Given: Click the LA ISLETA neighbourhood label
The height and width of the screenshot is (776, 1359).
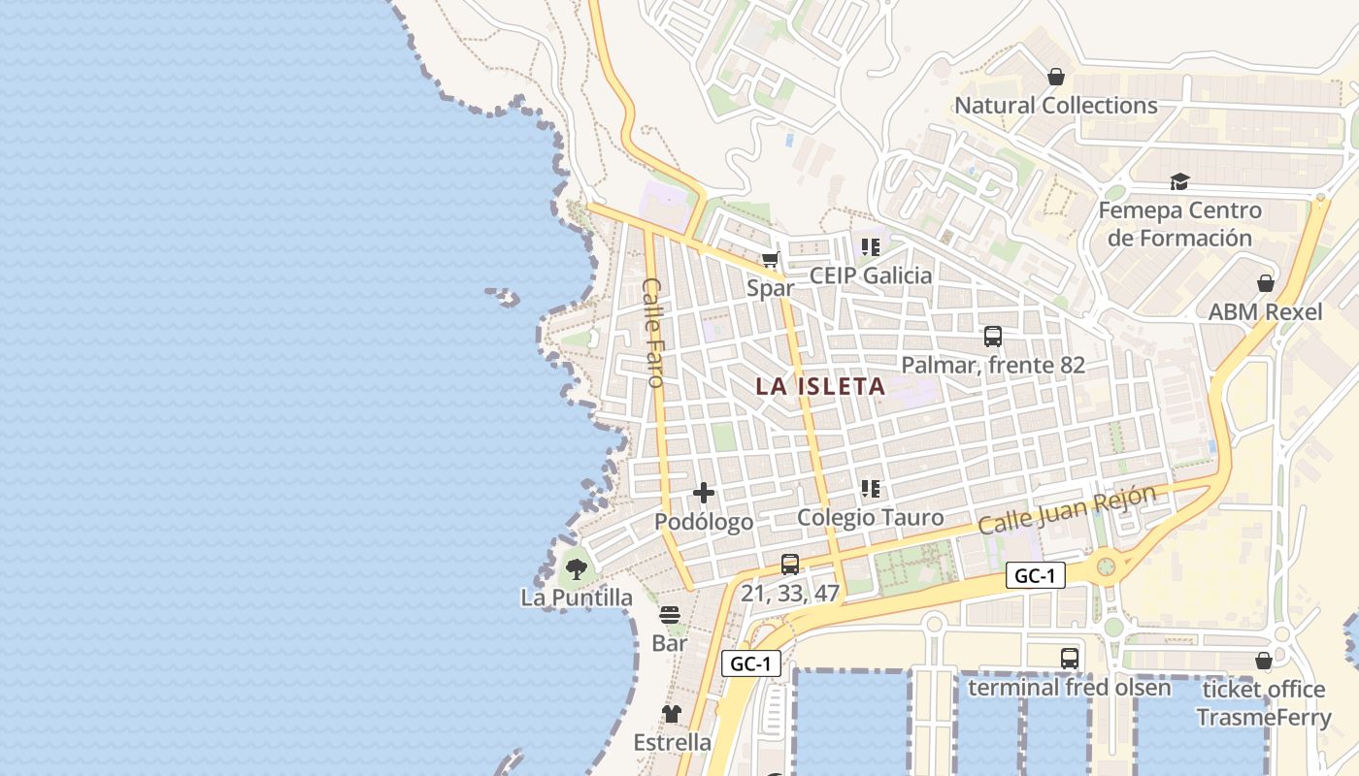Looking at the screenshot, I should click(x=820, y=386).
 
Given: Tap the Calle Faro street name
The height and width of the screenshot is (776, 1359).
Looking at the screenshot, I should click(x=653, y=333).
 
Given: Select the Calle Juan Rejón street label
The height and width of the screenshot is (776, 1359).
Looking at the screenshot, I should click(x=1067, y=510).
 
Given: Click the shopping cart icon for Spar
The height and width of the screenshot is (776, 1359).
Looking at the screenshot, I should click(x=771, y=259).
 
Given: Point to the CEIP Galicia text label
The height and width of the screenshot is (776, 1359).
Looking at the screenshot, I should click(x=871, y=275).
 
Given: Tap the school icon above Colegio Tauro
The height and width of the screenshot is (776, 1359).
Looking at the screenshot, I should click(x=870, y=489).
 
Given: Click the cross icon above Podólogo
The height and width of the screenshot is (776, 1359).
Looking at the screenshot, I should click(x=704, y=493).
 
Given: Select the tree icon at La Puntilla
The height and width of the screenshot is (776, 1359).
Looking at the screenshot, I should click(x=576, y=568).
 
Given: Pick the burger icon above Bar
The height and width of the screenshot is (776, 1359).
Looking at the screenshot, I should click(x=670, y=614).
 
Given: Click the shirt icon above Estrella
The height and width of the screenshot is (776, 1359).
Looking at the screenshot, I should click(x=672, y=714).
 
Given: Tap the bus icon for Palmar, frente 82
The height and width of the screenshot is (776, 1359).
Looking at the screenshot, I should click(x=992, y=337).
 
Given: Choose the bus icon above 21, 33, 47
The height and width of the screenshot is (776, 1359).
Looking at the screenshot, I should click(x=790, y=564).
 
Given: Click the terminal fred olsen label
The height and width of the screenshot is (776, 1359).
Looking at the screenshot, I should click(x=1070, y=688).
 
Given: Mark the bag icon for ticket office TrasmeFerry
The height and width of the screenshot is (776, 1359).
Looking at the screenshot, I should click(x=1263, y=661).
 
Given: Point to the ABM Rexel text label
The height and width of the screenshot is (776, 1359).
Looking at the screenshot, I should click(x=1265, y=312).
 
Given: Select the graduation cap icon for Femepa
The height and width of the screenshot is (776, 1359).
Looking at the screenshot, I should click(x=1179, y=181).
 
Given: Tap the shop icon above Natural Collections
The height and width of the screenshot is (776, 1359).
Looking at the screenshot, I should click(x=1056, y=76).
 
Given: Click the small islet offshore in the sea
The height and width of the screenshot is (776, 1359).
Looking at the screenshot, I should click(x=503, y=296).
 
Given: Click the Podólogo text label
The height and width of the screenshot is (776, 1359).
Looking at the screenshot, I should click(x=704, y=522).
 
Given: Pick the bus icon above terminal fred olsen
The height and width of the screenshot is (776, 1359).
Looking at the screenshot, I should click(x=1069, y=658).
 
